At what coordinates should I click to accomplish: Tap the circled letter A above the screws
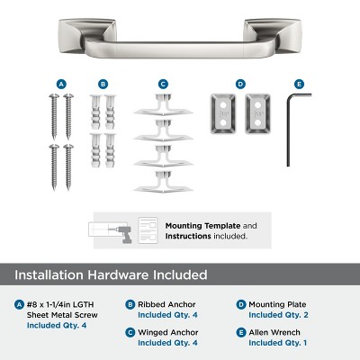[61, 84]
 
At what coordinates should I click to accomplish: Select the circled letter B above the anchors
[103, 84]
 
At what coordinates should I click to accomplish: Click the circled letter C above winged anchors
[163, 84]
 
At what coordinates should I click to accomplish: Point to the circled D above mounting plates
[240, 84]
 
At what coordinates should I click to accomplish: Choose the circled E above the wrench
[299, 84]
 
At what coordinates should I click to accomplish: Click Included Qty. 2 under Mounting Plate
[278, 316]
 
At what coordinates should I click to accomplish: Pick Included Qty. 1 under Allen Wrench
[278, 343]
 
